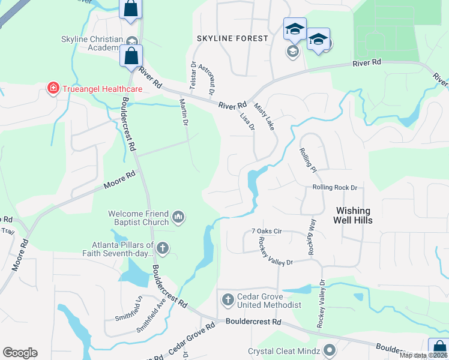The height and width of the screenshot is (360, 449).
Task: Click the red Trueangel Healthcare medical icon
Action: tap(53, 89)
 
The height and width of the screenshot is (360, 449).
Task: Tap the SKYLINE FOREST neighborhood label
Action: tap(232, 38)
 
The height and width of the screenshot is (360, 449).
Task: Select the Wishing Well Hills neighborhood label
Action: tap(354, 215)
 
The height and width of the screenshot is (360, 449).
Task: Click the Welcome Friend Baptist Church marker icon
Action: tap(178, 217)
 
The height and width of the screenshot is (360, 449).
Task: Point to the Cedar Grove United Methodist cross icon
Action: tap(228, 299)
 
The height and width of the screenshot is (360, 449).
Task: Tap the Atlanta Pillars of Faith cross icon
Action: tap(162, 248)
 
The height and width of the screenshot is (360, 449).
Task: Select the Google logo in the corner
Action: tap(20, 353)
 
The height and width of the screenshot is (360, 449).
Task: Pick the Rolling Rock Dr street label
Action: tap(334, 188)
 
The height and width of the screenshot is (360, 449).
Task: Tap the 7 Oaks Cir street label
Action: tap(267, 230)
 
